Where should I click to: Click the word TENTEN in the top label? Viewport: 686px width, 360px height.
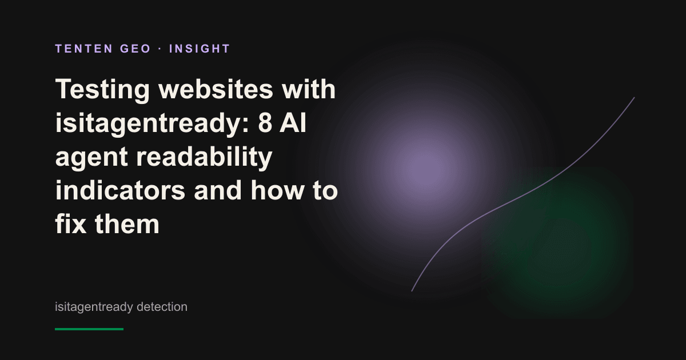coord(84,49)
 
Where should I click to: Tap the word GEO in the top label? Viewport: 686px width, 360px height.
coord(135,49)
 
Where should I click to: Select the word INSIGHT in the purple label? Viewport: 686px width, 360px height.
coord(200,49)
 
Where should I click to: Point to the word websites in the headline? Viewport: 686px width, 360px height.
coord(216,89)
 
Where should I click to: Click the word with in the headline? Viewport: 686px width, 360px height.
coord(309,89)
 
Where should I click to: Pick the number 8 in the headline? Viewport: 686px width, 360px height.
coord(265,123)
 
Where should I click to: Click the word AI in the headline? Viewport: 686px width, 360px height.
coord(293,123)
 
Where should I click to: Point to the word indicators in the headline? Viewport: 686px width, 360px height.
coord(120,190)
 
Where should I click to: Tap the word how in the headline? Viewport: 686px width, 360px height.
coord(277,190)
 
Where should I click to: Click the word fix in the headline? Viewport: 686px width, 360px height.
coord(71,224)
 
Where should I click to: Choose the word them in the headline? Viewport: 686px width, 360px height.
coord(127,224)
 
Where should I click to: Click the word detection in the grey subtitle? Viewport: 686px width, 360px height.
coord(162,307)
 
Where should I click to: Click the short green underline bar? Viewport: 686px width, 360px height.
coord(89,329)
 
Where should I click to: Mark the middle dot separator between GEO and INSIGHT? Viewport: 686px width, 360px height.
coord(160,49)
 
